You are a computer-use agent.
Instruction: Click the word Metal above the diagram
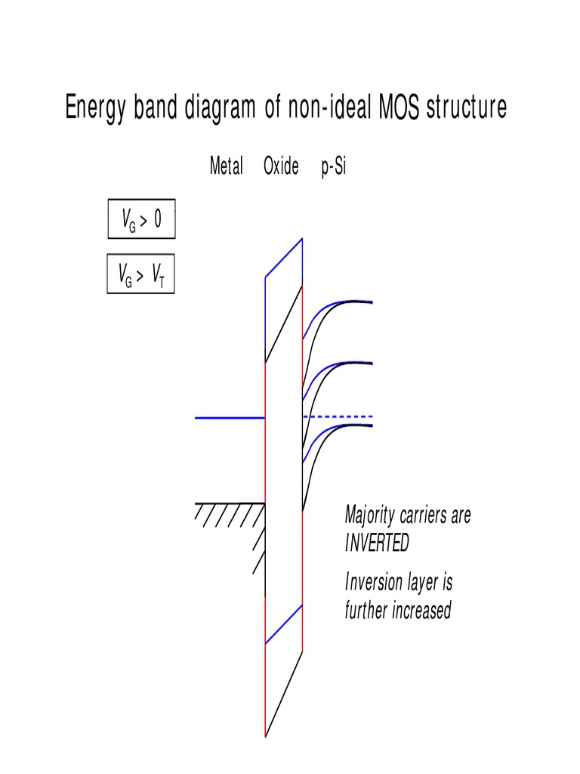[226, 167]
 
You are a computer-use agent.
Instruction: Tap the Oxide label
[281, 167]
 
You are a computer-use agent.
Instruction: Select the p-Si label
[333, 167]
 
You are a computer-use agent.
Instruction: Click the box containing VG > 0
[141, 220]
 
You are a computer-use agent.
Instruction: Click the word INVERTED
[377, 543]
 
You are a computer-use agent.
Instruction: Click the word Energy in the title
[95, 108]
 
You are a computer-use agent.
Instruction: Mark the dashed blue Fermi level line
[337, 416]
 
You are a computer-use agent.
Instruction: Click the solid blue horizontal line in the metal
[230, 417]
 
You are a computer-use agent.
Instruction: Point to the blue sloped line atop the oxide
[284, 258]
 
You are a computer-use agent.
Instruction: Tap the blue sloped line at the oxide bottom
[284, 624]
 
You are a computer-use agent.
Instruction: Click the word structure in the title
[466, 107]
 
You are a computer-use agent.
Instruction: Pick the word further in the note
[365, 610]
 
